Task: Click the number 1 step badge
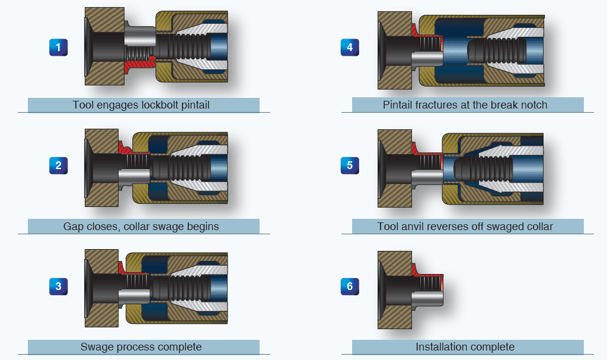pos(58,47)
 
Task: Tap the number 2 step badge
pos(58,165)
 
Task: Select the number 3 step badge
pos(58,286)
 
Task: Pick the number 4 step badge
pos(350,47)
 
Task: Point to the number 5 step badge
pos(350,165)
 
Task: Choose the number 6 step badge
pos(350,286)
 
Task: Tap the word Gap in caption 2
pos(73,227)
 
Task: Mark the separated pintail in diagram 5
pos(480,168)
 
